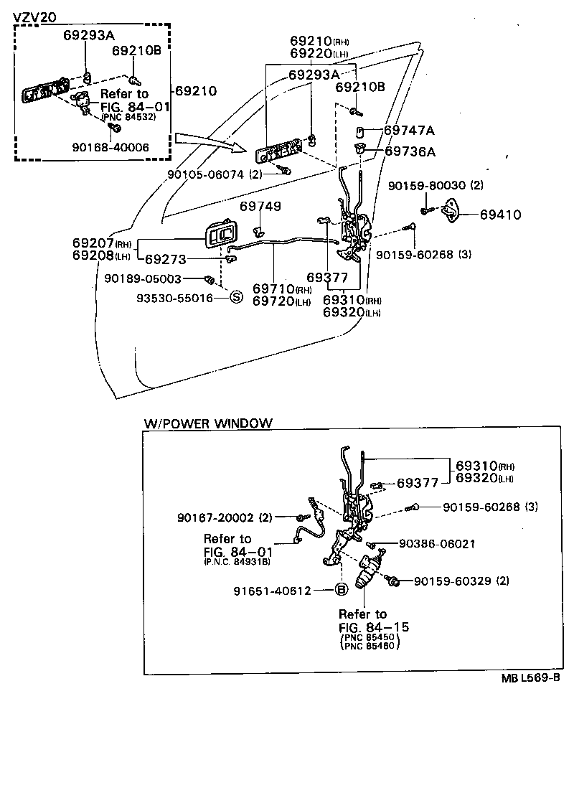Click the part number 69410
pyautogui.click(x=500, y=215)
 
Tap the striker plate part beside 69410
pyautogui.click(x=453, y=209)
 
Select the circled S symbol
pyautogui.click(x=235, y=297)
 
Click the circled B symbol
pyautogui.click(x=342, y=590)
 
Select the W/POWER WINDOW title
pyautogui.click(x=208, y=423)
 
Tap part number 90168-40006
pyautogui.click(x=110, y=147)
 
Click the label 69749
pyautogui.click(x=260, y=207)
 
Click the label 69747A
pyautogui.click(x=409, y=131)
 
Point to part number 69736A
pyautogui.click(x=410, y=151)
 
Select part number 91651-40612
pyautogui.click(x=272, y=591)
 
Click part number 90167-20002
pyautogui.click(x=224, y=517)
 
